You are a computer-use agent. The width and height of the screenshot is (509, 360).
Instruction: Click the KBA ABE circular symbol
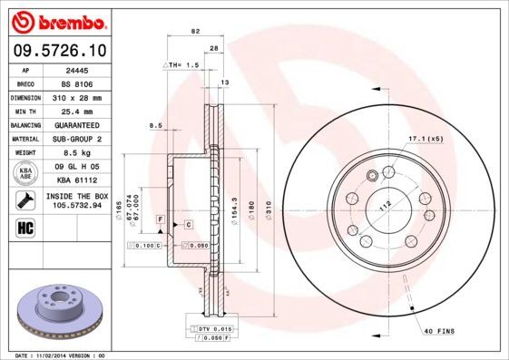[x=25, y=173]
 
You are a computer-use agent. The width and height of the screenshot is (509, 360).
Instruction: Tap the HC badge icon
[x=25, y=227]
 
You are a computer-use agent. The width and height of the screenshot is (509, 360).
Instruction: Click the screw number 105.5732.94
[x=76, y=205]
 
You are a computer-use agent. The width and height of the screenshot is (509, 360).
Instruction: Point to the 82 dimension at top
[x=194, y=32]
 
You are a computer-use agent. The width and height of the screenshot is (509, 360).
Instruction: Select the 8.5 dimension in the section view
[x=155, y=125]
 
